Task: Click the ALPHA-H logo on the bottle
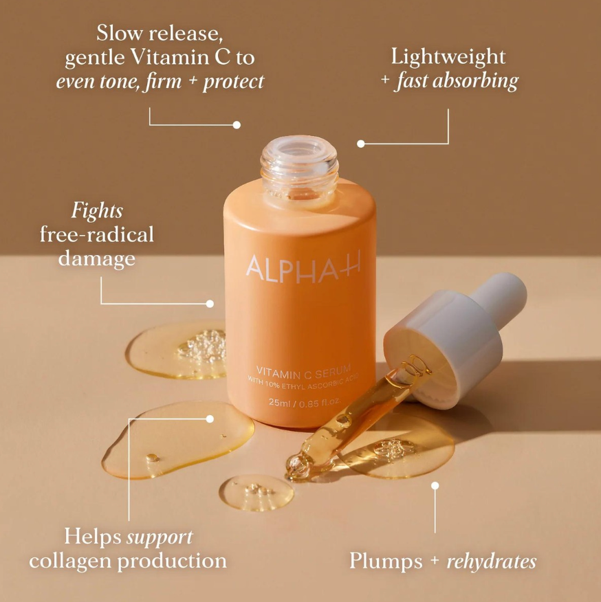tap(303, 267)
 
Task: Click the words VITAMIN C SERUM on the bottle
tap(303, 371)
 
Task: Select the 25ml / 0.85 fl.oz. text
tap(305, 402)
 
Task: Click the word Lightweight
tap(448, 57)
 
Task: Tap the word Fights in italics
tap(97, 211)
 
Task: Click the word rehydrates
tap(492, 561)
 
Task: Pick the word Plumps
tap(386, 562)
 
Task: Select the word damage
tap(97, 258)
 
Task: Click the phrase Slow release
tap(160, 33)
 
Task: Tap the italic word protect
tap(234, 81)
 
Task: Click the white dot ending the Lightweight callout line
tap(360, 144)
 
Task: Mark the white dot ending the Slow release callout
tap(237, 125)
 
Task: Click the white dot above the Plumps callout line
tap(435, 486)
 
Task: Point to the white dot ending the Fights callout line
tap(210, 304)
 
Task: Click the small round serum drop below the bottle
tap(256, 493)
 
